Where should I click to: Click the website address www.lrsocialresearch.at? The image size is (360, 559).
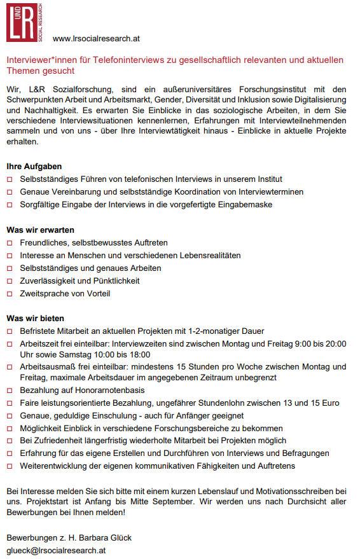[96, 39]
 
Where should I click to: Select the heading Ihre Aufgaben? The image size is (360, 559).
[34, 166]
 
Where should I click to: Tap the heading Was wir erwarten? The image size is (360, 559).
[40, 230]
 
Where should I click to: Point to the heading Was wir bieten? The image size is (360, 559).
[36, 318]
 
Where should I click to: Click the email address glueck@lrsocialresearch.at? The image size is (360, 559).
[56, 550]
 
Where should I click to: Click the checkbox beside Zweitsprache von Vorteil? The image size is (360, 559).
[10, 294]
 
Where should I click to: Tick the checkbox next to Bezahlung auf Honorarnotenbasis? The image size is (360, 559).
[10, 390]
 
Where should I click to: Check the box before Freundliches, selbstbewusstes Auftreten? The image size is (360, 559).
[10, 243]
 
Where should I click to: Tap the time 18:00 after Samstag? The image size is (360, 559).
[139, 354]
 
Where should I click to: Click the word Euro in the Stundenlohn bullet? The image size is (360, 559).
[329, 403]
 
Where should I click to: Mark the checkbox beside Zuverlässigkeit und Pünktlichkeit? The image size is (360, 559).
[10, 281]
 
